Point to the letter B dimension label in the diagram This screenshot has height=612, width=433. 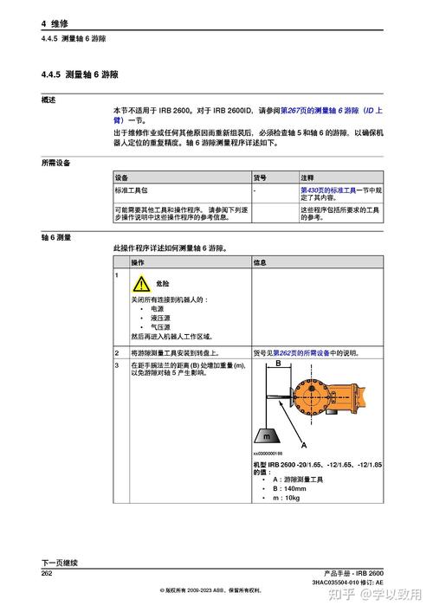click(278, 366)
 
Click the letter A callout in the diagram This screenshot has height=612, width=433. click(303, 444)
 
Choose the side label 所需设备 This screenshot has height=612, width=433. click(56, 162)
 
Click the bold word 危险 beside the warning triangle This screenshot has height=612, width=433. click(162, 283)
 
